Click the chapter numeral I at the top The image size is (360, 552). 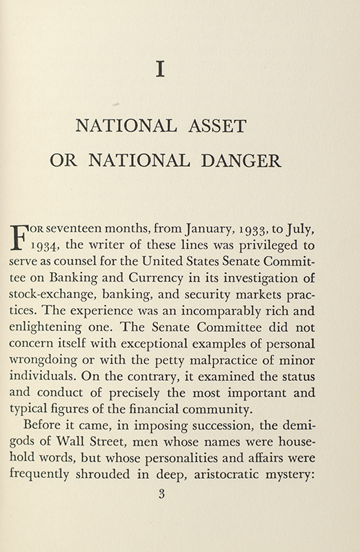161,71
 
